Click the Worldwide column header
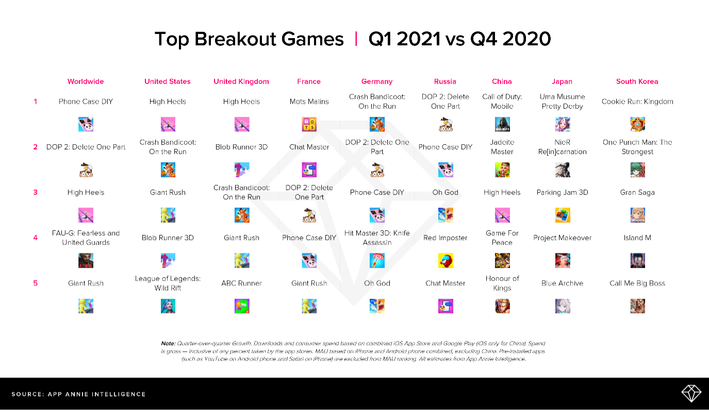86,81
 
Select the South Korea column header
637,81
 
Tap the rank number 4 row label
36,237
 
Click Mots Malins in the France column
309,101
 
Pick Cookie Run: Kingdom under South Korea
637,101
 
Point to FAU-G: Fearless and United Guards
86,237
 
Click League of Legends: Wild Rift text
168,283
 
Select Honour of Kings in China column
502,283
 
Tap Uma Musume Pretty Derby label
562,101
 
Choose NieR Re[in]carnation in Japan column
562,147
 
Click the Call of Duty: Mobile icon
502,125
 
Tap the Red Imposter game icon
446,261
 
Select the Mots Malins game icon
309,125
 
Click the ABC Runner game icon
241,306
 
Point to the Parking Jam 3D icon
562,215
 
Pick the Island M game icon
637,261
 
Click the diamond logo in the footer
691,394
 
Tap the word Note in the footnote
168,343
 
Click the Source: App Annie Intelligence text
78,394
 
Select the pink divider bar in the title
356,39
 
